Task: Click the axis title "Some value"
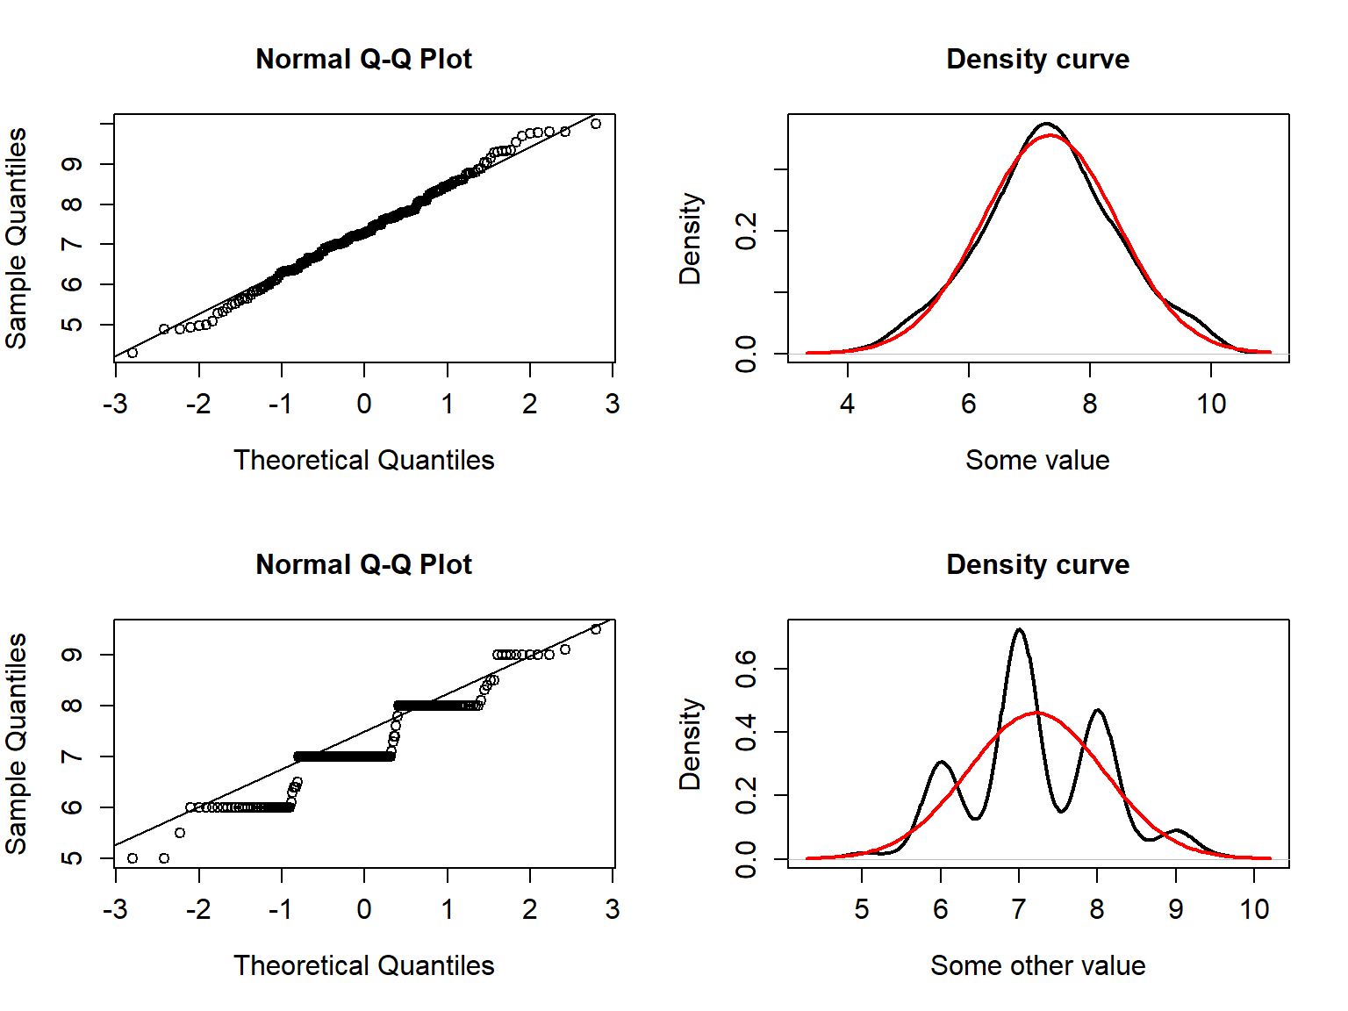1037,460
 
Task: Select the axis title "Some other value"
1037,965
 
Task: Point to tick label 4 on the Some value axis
847,404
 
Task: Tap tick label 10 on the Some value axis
1211,404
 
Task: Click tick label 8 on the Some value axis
1089,404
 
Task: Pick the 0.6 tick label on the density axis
746,669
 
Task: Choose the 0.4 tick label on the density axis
746,732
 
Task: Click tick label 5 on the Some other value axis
862,909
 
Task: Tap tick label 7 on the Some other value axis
1019,909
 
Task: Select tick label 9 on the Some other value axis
1176,909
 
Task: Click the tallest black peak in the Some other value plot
1019,629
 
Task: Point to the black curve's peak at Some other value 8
1097,710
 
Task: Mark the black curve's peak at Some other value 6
942,762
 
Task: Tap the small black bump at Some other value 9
1176,829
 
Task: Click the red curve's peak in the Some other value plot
1037,712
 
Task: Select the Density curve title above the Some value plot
1037,59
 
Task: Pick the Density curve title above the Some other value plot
1037,564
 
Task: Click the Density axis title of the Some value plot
691,239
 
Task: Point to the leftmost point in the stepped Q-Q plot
133,858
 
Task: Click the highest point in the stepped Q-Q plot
596,629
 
